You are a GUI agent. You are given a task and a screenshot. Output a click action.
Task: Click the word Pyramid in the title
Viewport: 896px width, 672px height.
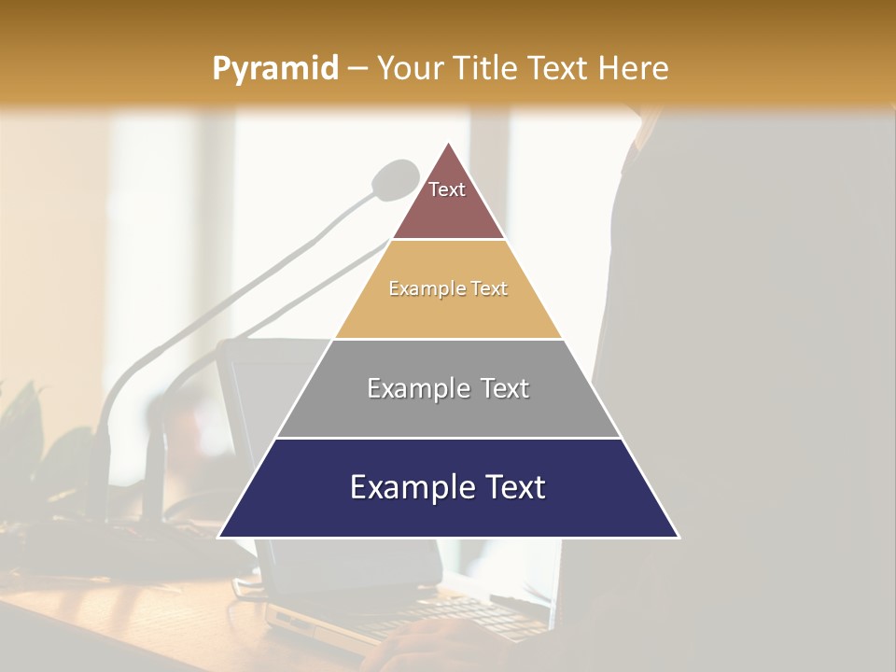tap(275, 69)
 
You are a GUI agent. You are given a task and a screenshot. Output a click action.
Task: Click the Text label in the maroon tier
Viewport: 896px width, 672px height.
tap(447, 189)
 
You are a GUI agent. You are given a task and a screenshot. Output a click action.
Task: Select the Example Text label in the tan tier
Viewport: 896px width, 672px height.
tap(448, 288)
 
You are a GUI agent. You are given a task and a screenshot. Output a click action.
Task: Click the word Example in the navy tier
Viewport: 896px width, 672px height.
tap(407, 487)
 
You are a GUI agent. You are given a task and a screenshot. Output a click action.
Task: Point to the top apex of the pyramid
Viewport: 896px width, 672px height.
tap(449, 144)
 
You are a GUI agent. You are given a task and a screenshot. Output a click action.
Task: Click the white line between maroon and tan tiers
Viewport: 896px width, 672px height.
tap(449, 239)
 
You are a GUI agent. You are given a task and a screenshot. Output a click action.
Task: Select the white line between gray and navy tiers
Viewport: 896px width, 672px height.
tap(449, 438)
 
